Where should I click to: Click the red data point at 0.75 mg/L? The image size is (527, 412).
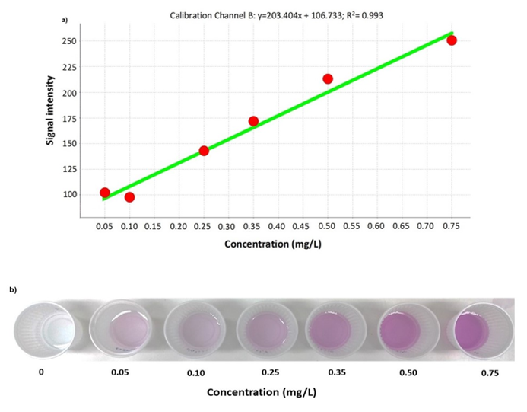452,40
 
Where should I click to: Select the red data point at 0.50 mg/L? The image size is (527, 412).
328,78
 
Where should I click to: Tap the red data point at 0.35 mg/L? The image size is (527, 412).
253,121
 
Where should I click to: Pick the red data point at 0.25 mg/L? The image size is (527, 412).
204,151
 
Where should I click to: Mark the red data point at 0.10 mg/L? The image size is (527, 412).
129,197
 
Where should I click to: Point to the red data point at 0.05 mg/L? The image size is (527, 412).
105,193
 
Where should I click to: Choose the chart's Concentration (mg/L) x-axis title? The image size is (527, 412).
277,246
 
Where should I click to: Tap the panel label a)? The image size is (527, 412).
65,21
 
